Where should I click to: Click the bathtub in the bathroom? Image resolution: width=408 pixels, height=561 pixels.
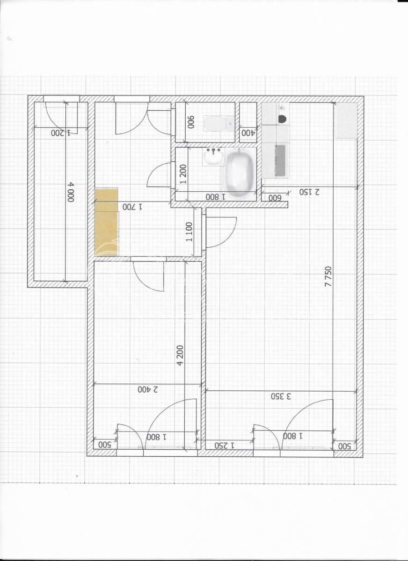pyautogui.click(x=239, y=173)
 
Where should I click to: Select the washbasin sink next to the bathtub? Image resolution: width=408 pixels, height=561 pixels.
pyautogui.click(x=213, y=157)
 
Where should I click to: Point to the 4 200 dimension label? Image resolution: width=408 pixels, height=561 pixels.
pyautogui.click(x=180, y=355)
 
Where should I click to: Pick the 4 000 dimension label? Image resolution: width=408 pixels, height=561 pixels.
pyautogui.click(x=71, y=192)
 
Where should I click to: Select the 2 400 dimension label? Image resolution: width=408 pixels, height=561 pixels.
pyautogui.click(x=148, y=389)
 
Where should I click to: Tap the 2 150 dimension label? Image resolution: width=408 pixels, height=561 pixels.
pyautogui.click(x=310, y=192)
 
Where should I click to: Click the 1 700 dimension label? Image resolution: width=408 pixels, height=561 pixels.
pyautogui.click(x=132, y=207)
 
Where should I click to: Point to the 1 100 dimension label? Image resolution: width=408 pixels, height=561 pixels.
pyautogui.click(x=189, y=232)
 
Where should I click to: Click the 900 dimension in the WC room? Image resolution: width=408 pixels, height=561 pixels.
pyautogui.click(x=191, y=122)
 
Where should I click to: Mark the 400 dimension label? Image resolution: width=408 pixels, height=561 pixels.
pyautogui.click(x=248, y=133)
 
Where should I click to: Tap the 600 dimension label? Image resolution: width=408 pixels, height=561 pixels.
pyautogui.click(x=275, y=198)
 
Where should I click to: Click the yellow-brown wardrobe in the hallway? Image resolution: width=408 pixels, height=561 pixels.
pyautogui.click(x=106, y=222)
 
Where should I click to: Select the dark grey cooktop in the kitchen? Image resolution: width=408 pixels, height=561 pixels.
pyautogui.click(x=280, y=160)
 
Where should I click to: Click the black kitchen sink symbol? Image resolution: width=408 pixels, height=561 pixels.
pyautogui.click(x=282, y=119)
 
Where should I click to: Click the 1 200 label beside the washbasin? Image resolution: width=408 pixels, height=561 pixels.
pyautogui.click(x=183, y=174)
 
